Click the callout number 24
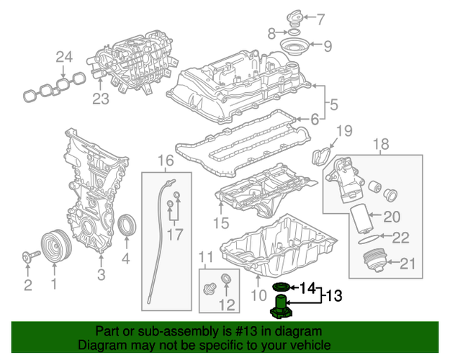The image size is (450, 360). [65, 57]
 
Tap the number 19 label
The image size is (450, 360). [344, 130]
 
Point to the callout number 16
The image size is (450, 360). [166, 160]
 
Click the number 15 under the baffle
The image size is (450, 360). [220, 224]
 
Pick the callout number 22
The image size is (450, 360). [400, 237]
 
